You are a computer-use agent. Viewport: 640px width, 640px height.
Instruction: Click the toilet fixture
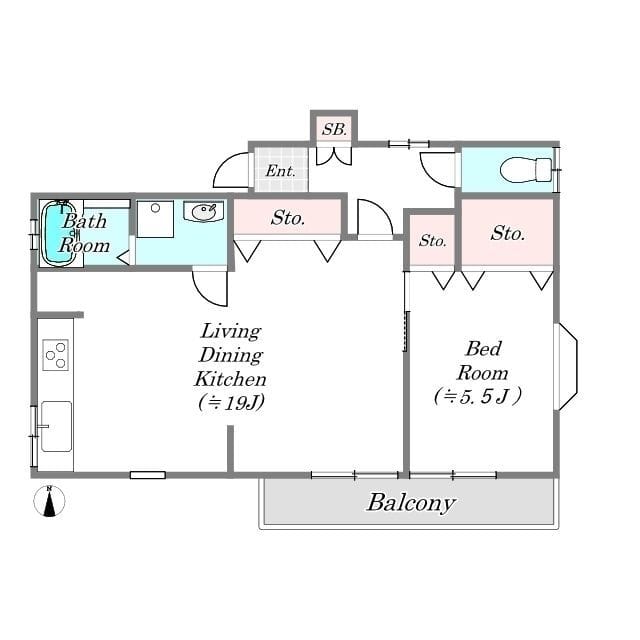click(x=526, y=170)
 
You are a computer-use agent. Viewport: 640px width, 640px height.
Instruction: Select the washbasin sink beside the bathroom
click(x=203, y=211)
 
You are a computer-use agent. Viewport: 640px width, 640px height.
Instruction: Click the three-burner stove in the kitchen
click(x=56, y=355)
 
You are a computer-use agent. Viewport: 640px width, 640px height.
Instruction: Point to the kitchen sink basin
click(x=56, y=426)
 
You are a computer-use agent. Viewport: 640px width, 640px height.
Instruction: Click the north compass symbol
click(x=49, y=501)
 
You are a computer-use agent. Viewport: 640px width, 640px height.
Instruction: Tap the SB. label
click(x=334, y=129)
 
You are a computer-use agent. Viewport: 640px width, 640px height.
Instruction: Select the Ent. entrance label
click(x=280, y=171)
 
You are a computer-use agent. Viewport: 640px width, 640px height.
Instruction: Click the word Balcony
click(x=411, y=503)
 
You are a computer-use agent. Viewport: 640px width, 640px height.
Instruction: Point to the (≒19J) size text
click(x=231, y=403)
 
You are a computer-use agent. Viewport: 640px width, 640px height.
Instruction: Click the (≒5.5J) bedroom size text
click(x=478, y=396)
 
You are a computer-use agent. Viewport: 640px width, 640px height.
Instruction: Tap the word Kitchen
click(x=230, y=379)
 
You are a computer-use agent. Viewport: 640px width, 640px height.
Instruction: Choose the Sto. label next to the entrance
click(x=288, y=218)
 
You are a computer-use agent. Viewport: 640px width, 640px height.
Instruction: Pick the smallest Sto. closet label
click(x=433, y=240)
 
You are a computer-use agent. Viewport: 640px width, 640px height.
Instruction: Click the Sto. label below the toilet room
click(x=508, y=233)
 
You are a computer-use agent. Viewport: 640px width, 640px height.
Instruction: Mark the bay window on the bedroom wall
click(x=568, y=367)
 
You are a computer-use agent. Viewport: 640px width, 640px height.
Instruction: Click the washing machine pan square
click(x=155, y=218)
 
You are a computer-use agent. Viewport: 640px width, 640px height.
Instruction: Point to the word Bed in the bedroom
click(x=483, y=349)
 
